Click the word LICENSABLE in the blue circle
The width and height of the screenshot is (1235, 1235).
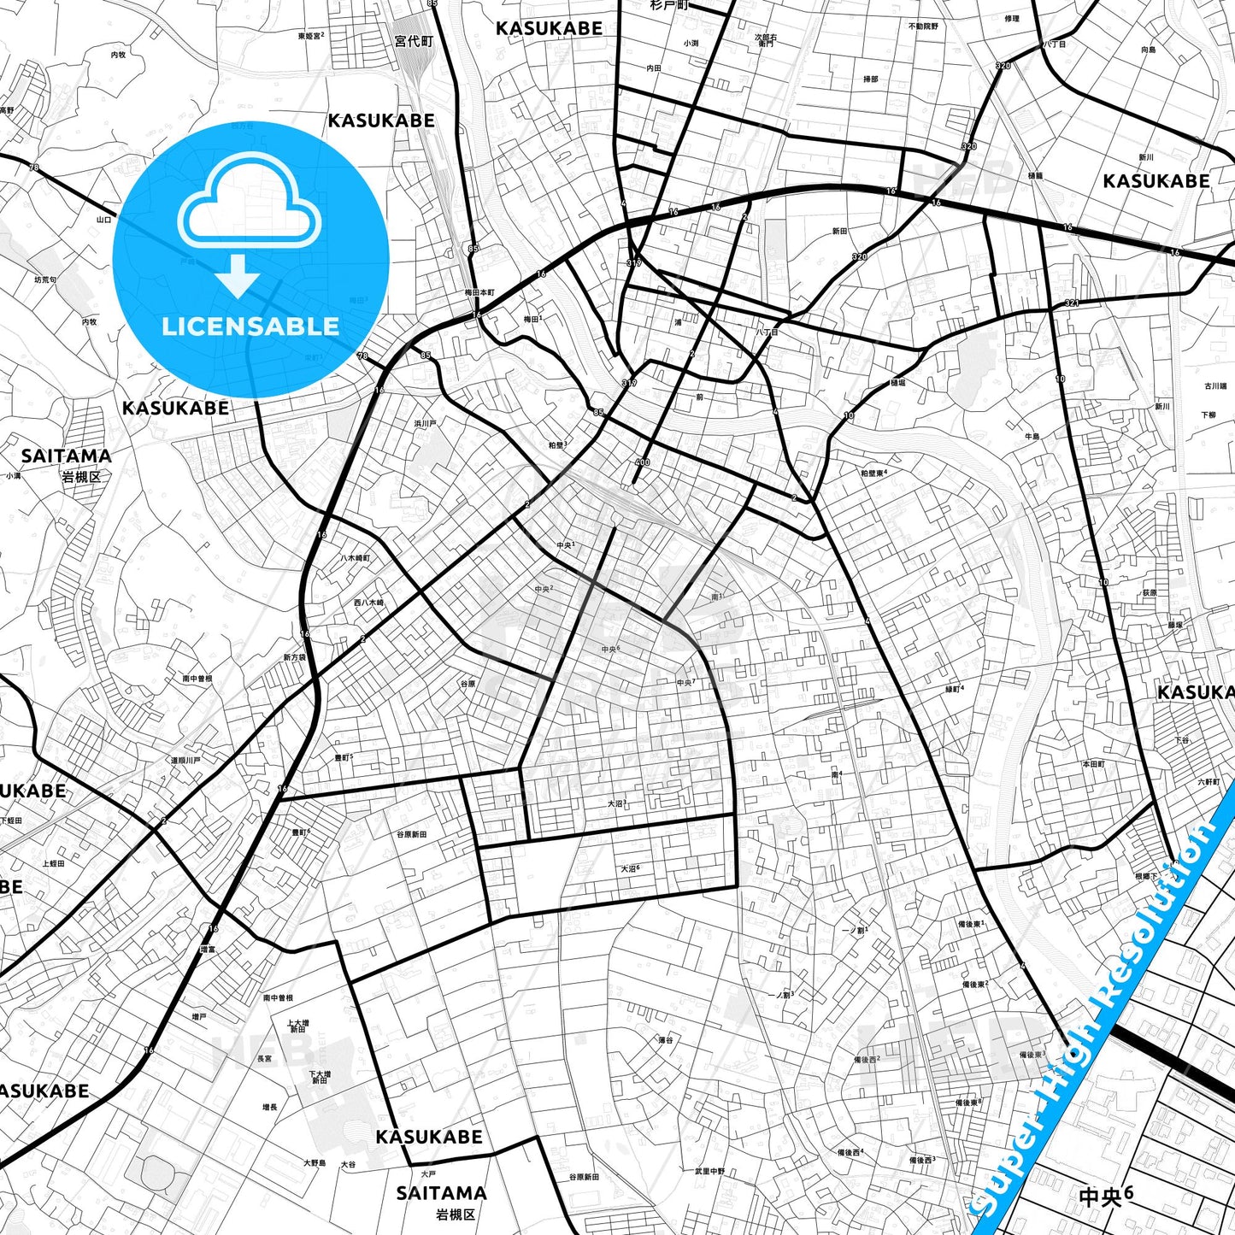250,326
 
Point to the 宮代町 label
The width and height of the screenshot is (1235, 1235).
415,41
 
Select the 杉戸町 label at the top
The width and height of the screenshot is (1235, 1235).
668,5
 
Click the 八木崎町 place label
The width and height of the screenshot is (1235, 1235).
355,558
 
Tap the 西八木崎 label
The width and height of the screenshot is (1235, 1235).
369,603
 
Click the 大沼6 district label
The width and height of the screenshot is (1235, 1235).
630,868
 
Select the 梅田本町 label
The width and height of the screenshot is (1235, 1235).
479,292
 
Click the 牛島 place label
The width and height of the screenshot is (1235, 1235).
1032,437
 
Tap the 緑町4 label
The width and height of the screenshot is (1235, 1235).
954,688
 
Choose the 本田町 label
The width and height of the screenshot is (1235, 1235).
1093,763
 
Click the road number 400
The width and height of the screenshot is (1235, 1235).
642,462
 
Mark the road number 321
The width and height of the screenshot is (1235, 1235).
1072,303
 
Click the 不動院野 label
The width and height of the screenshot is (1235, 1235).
923,26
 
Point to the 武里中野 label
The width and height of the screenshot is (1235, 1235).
709,1172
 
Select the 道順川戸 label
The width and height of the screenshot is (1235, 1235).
185,760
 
